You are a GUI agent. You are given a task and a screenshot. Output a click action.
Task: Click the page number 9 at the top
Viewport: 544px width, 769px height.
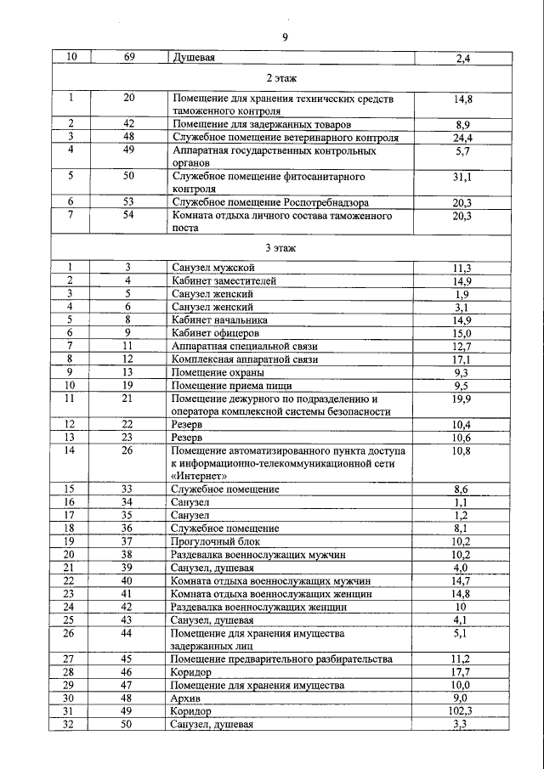click(x=285, y=37)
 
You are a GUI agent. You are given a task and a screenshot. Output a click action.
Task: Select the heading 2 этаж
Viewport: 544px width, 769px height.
click(x=281, y=78)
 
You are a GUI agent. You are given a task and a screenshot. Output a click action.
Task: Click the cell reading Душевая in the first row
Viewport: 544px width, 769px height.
click(x=193, y=59)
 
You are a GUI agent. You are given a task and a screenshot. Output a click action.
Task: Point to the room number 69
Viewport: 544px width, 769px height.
click(x=128, y=59)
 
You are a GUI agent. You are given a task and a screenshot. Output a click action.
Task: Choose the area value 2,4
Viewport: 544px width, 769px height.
click(x=463, y=59)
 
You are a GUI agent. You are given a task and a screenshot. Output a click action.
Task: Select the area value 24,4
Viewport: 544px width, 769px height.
click(x=462, y=137)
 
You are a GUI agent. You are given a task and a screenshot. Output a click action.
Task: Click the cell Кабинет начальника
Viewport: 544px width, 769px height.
click(x=219, y=319)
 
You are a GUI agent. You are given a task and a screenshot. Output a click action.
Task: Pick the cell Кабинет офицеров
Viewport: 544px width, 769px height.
click(x=216, y=333)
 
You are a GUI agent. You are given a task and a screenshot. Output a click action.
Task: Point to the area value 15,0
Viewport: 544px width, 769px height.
click(x=462, y=333)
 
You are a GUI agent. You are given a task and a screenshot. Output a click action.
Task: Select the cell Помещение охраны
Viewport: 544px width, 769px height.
click(x=218, y=372)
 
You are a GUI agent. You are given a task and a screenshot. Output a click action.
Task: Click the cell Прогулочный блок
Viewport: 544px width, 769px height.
click(x=216, y=540)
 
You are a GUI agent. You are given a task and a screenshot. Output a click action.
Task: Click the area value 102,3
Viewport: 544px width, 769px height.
click(x=462, y=710)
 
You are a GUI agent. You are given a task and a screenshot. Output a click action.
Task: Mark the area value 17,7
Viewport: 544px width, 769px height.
click(x=462, y=671)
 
